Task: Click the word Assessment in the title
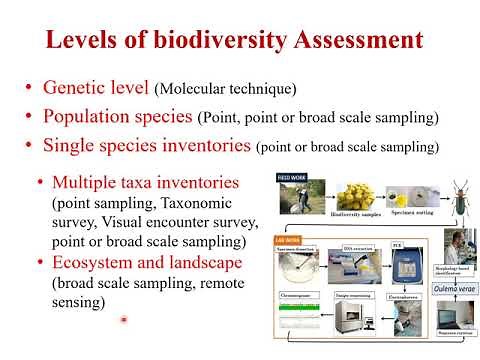click(344, 41)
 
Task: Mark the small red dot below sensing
click(123, 320)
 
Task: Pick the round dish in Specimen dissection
click(304, 268)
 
